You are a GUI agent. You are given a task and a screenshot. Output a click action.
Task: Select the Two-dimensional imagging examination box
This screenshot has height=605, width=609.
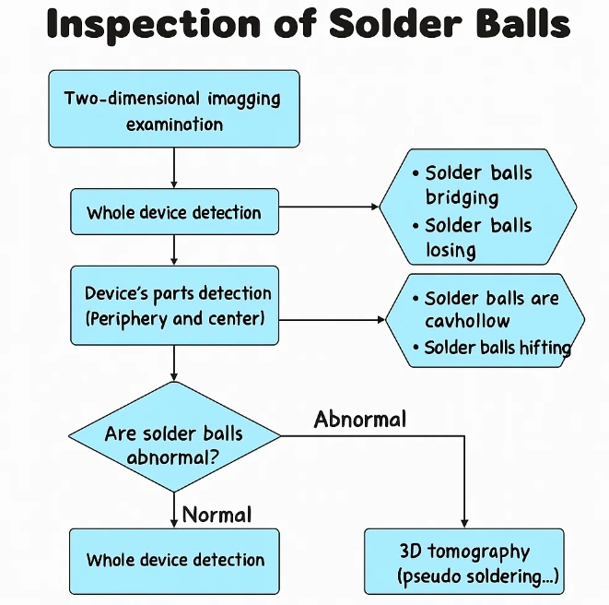pos(174,110)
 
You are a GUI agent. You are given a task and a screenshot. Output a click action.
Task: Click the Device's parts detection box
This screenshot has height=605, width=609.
pos(174,306)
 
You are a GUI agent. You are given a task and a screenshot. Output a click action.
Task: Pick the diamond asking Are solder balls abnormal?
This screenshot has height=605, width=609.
pos(174,445)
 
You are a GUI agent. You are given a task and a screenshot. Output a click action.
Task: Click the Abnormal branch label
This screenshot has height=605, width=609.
pos(359,420)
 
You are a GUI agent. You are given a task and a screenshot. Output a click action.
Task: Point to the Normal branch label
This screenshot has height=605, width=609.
pos(217,514)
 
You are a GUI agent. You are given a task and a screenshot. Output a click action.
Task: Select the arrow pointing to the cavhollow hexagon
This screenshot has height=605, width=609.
pos(332,320)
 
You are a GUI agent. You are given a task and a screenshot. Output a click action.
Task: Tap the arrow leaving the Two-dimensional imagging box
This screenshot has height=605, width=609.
pos(174,168)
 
